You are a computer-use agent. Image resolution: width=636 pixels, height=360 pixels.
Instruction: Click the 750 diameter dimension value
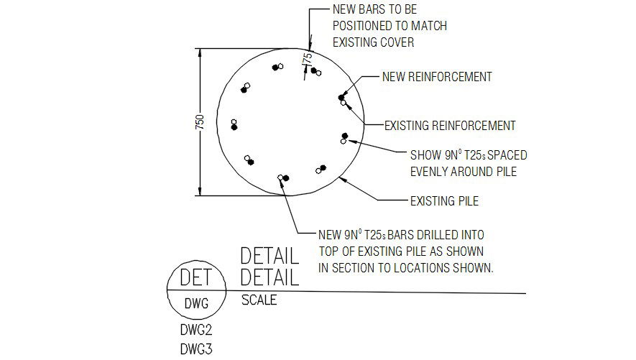coord(200,122)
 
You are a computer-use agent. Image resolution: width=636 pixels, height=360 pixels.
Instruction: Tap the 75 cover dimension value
coord(307,57)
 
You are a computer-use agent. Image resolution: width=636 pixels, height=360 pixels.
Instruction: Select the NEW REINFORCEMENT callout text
coord(437,77)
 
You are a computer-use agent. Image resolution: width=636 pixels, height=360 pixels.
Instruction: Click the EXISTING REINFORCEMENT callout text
coord(450,126)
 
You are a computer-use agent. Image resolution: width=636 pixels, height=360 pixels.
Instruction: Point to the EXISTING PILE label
coord(444,201)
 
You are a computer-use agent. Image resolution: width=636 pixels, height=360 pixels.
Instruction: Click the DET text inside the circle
coord(196,277)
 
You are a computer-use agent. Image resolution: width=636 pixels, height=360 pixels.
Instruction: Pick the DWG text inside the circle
coord(196,303)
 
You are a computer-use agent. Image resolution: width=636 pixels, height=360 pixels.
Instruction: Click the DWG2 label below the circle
coord(196,330)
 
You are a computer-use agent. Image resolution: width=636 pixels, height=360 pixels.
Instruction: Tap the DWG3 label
coord(196,349)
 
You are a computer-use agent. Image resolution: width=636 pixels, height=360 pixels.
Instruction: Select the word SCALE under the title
coord(259,300)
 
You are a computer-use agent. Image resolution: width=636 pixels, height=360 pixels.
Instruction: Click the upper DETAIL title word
coord(269,257)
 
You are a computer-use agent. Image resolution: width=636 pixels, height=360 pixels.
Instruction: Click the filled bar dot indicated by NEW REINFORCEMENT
coord(341,97)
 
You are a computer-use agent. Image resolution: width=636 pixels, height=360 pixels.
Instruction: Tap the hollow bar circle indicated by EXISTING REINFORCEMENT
coord(344,103)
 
